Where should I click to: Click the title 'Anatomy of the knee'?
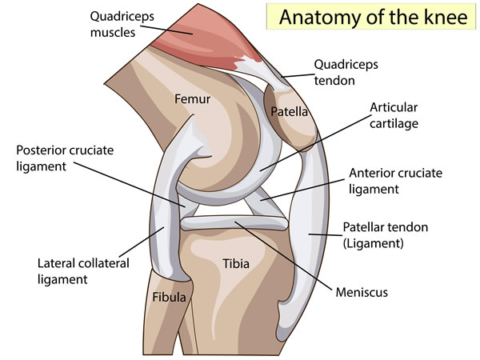[373, 17]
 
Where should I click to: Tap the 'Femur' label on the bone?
[192, 99]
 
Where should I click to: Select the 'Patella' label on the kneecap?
[289, 112]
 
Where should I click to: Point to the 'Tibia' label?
[236, 263]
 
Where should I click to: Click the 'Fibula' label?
[170, 297]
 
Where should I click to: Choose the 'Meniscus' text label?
[362, 292]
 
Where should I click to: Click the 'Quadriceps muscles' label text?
[122, 25]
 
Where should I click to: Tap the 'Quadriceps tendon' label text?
[346, 73]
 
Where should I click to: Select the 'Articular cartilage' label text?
[394, 115]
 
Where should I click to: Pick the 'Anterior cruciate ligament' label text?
[395, 181]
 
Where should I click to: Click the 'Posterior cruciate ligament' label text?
[65, 158]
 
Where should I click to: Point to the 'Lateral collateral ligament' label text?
[83, 271]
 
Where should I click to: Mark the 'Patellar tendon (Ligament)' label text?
[385, 235]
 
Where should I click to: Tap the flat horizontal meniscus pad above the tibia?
[234, 223]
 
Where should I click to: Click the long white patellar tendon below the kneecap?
[308, 236]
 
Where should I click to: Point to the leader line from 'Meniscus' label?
[283, 255]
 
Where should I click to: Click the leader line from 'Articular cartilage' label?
[316, 143]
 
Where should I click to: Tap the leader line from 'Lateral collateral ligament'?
[142, 242]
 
